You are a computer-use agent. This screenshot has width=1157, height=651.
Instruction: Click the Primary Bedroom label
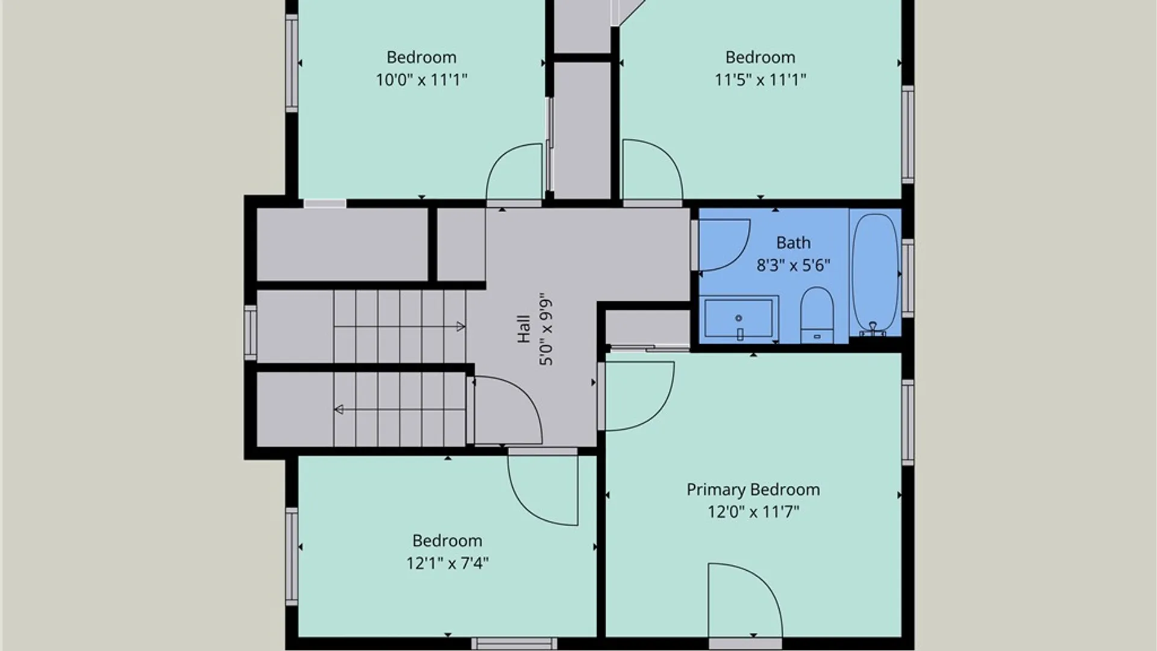(753, 489)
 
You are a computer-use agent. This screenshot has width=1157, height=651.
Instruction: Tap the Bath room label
(793, 242)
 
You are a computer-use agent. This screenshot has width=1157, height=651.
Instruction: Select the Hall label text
(524, 329)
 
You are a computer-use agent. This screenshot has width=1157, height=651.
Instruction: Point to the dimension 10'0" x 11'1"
(422, 80)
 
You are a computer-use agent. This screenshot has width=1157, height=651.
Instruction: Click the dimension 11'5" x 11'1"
(760, 80)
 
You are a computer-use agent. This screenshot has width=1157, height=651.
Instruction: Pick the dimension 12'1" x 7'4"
(447, 563)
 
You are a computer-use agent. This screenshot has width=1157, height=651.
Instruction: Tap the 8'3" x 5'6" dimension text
(793, 265)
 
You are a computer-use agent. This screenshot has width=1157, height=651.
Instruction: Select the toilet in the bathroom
(817, 315)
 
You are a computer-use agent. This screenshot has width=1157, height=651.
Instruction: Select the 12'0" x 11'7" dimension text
(753, 512)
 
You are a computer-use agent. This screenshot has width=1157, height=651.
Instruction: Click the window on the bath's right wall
(908, 278)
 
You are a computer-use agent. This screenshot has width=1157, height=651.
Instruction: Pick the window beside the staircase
(250, 333)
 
